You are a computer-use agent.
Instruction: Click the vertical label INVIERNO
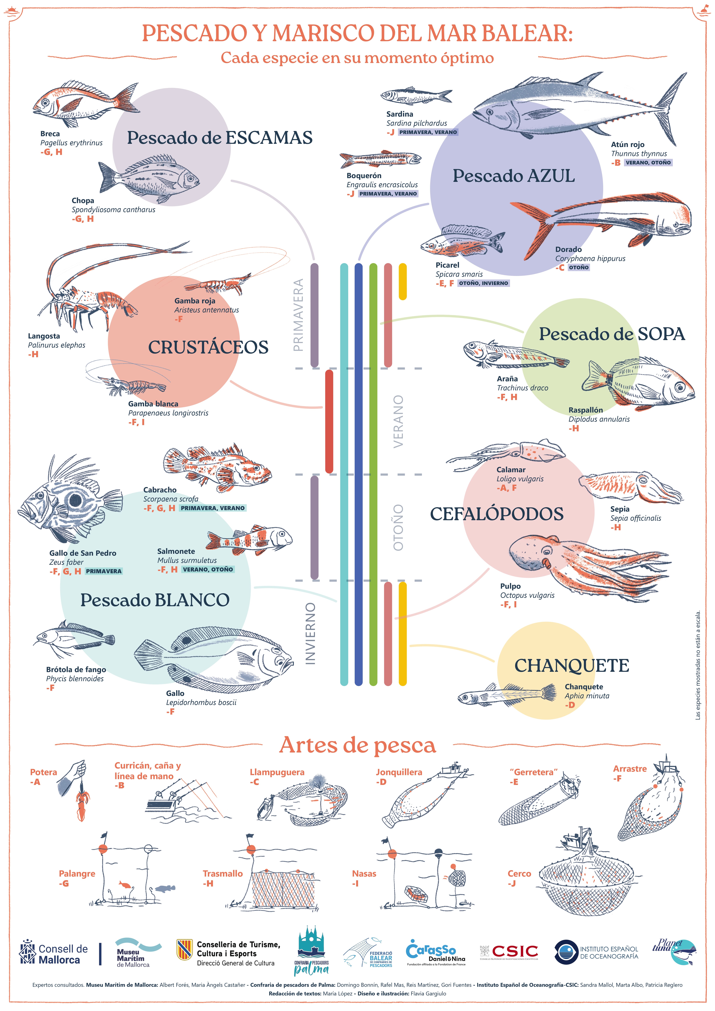[x=311, y=633]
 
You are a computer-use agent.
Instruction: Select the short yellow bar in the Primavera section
[x=402, y=282]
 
